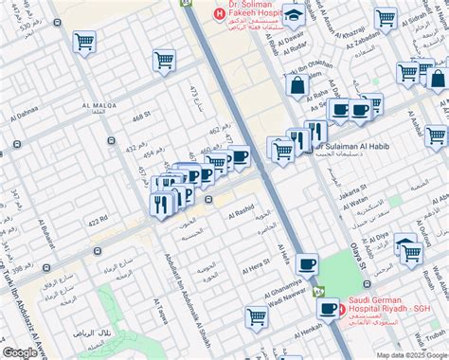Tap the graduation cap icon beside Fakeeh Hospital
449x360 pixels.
click(x=295, y=15)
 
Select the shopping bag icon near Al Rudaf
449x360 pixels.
click(x=297, y=86)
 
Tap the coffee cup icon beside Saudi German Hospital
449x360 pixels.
click(x=329, y=308)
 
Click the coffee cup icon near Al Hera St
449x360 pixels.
click(x=306, y=264)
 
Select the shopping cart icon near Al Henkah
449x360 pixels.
click(x=255, y=316)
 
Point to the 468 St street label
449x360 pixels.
click(x=142, y=117)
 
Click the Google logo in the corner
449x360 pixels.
click(x=20, y=351)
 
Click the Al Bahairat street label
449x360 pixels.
click(x=44, y=246)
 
